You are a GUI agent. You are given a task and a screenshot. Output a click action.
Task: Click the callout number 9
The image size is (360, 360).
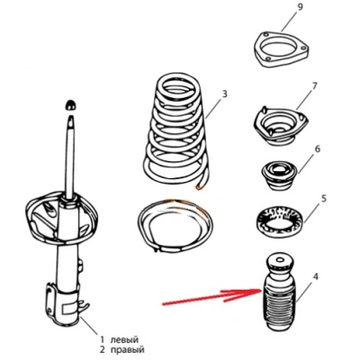click(300, 8)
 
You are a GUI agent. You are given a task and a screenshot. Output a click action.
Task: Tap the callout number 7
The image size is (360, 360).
click(314, 86)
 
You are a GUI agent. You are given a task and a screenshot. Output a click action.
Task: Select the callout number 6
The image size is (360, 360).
click(318, 148)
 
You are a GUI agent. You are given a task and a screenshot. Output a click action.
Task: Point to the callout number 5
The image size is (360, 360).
click(324, 199)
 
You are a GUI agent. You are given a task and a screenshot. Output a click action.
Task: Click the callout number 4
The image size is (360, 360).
click(315, 276)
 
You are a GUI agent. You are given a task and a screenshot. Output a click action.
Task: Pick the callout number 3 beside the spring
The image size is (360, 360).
click(224, 94)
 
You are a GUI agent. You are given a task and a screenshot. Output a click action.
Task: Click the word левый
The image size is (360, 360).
click(124, 340)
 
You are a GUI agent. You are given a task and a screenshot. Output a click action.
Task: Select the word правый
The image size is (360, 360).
click(127, 350)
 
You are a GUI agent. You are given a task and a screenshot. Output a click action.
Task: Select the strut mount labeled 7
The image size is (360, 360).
click(281, 126)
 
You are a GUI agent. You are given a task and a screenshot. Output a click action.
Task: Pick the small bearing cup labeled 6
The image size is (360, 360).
click(279, 176)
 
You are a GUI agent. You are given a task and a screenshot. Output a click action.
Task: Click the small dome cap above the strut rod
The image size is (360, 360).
click(71, 104)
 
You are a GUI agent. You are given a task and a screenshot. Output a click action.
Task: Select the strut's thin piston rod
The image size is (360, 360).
click(71, 156)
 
